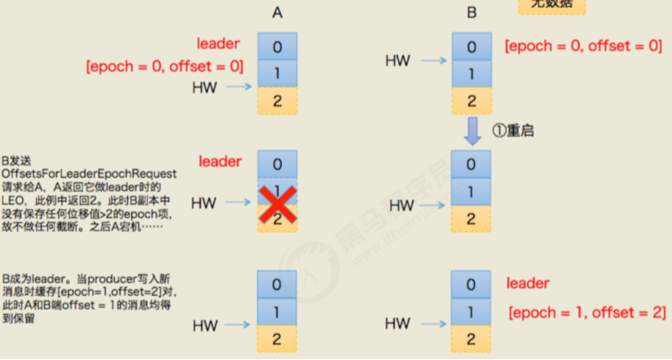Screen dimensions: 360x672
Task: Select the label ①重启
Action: (512, 132)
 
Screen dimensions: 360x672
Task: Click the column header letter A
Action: (277, 12)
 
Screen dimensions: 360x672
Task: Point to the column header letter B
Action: (472, 12)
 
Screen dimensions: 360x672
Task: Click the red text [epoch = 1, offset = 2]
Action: (586, 313)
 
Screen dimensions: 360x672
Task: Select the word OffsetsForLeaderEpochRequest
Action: (89, 173)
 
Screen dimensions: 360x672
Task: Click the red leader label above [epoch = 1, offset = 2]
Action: (528, 283)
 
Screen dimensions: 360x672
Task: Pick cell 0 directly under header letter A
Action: (277, 46)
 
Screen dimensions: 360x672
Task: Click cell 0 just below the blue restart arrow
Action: (472, 164)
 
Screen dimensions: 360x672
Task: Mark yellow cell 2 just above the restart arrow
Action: (472, 101)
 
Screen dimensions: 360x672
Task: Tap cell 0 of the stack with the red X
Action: (277, 164)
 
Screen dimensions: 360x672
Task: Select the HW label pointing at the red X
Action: (204, 203)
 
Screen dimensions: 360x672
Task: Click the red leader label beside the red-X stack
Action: (220, 160)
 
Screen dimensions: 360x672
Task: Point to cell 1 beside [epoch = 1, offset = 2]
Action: (472, 312)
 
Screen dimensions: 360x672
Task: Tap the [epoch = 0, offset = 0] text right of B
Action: (583, 46)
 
